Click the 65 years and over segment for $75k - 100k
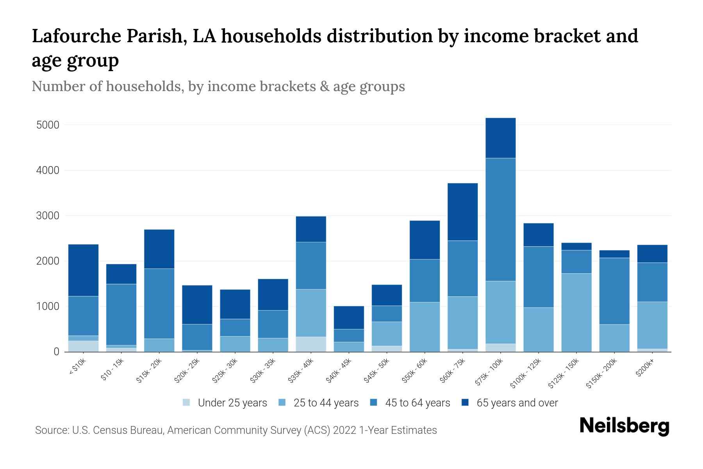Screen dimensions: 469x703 coord(500,138)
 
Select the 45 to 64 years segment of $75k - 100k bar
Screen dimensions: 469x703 coord(500,219)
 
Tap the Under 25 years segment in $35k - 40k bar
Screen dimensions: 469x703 coord(311,344)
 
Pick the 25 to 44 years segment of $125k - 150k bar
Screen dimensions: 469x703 coord(576,312)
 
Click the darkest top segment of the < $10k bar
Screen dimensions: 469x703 coord(83,270)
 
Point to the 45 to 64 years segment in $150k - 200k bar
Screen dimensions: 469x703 coord(614,291)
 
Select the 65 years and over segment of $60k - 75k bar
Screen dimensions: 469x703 coord(462,211)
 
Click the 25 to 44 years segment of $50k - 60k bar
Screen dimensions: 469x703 coord(425,327)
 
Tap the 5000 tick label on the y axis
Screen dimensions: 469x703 coord(48,125)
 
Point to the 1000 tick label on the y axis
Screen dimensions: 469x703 coord(48,306)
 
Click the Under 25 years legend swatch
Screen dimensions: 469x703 coord(187,403)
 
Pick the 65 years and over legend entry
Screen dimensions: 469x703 coord(517,403)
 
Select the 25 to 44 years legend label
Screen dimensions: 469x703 coord(326,403)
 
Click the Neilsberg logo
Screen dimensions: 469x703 coord(624,426)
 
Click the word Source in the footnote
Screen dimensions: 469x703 coord(52,430)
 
